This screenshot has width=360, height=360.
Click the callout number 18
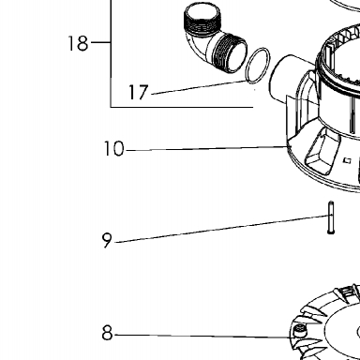click(78, 43)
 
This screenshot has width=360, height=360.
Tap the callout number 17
click(138, 92)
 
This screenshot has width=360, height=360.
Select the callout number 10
click(113, 148)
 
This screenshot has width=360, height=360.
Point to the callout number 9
click(107, 240)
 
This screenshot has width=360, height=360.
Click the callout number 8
click(107, 333)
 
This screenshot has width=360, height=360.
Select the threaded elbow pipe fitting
click(215, 39)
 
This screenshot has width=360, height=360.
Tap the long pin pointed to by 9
click(331, 217)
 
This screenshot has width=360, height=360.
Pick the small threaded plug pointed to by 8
click(299, 330)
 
